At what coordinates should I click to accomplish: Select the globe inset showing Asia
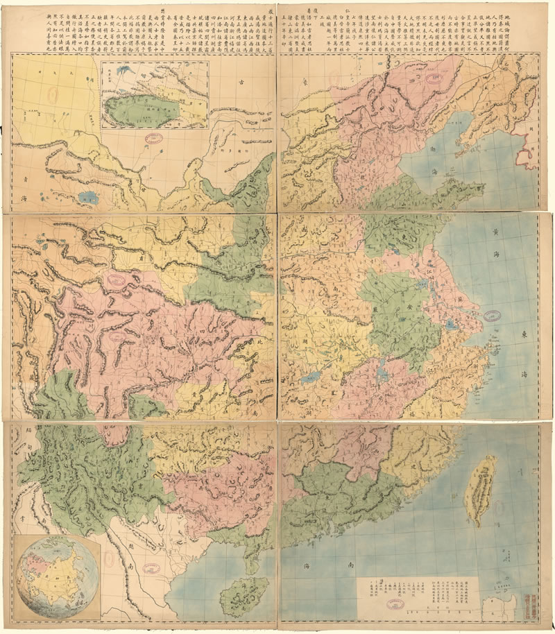click(x=49, y=576)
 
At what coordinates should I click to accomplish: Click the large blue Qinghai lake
click(x=89, y=197)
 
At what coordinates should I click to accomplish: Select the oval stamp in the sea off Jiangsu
click(x=496, y=316)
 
